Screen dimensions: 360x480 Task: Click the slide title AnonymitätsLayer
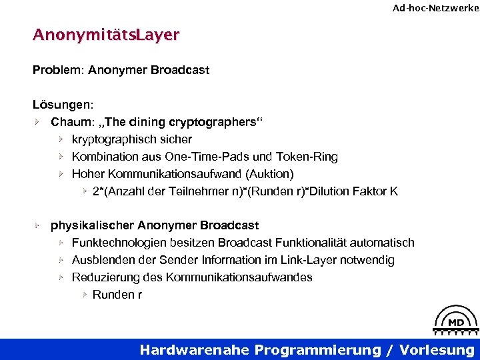pyautogui.click(x=106, y=35)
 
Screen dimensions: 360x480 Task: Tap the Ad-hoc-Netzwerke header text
pyautogui.click(x=435, y=8)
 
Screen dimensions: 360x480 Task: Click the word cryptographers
pyautogui.click(x=217, y=122)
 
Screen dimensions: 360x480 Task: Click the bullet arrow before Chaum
pyautogui.click(x=39, y=122)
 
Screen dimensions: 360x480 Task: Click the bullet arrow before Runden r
pyautogui.click(x=85, y=295)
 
